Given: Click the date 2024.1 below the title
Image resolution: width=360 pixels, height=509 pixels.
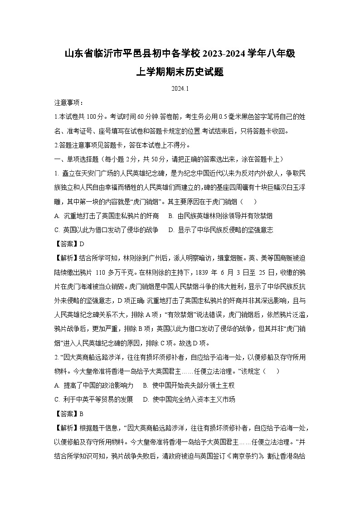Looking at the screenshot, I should pyautogui.click(x=180, y=89).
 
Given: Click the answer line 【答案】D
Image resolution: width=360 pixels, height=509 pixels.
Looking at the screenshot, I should pyautogui.click(x=69, y=244).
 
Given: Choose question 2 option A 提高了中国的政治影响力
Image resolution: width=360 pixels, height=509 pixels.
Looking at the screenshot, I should pyautogui.click(x=94, y=385).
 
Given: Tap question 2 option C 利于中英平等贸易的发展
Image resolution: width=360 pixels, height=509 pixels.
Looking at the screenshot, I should pyautogui.click(x=94, y=399).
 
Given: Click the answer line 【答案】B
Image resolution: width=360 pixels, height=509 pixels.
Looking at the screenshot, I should pyautogui.click(x=69, y=413).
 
